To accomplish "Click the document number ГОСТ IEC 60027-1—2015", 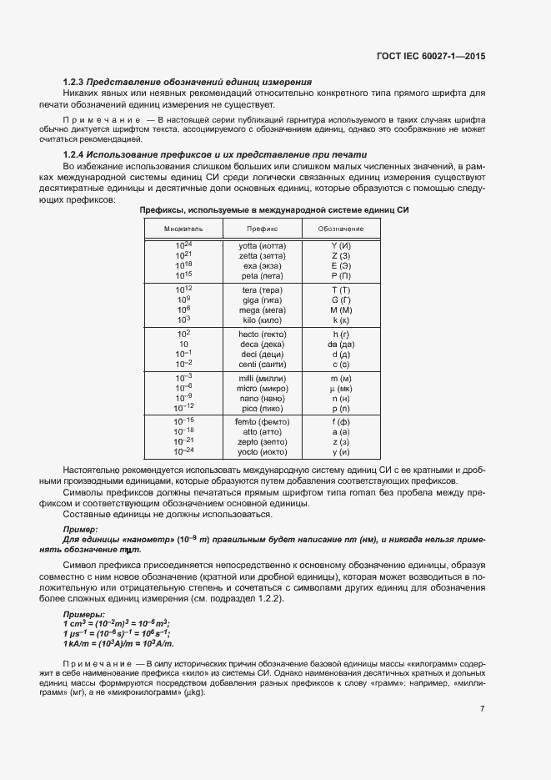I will point(431,56).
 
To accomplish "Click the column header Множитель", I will point(183,228).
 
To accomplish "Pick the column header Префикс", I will point(263,228).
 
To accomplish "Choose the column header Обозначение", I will point(341,228).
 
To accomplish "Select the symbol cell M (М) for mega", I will point(341,309).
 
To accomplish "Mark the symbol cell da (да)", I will point(341,344).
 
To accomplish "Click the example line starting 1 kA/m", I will point(118,643).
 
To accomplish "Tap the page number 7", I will point(482,709).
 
